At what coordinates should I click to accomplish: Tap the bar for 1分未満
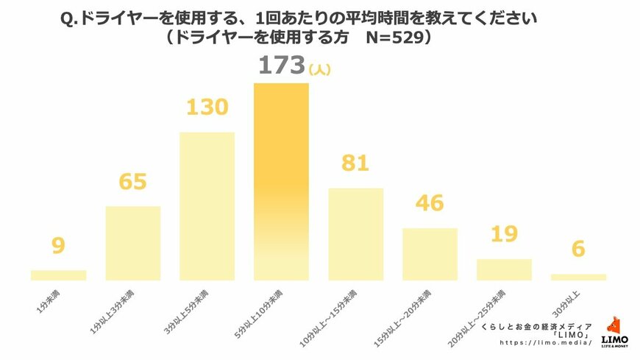coord(58,275)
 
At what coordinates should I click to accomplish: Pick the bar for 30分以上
coord(578,277)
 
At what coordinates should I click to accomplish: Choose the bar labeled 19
coord(504,269)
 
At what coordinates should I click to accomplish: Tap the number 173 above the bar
coord(280,66)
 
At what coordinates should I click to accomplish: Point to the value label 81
coord(356,164)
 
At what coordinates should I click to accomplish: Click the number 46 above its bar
coord(430,202)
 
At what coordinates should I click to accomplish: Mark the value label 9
coord(59,245)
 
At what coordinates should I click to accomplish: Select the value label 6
coord(578,250)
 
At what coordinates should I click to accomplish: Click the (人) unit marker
coord(321,70)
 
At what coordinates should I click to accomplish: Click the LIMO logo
coord(614,331)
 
